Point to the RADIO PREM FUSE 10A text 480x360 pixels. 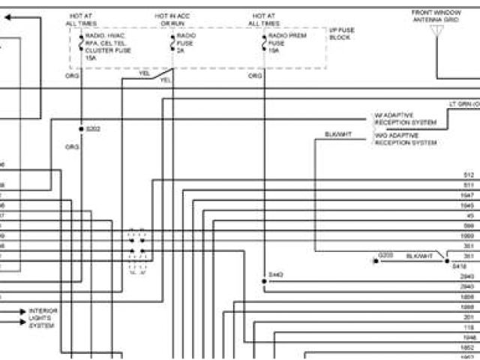click(285, 44)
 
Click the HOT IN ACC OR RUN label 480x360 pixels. click(173, 19)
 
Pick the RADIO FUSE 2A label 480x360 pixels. click(186, 44)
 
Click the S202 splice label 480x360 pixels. click(92, 128)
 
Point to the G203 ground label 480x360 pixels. click(385, 255)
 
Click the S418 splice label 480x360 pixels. click(460, 265)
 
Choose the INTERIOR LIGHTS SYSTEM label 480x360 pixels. click(43, 316)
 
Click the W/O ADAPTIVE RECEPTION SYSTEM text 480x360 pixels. click(405, 139)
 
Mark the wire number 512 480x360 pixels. click(468, 175)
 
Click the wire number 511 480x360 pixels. click(468, 184)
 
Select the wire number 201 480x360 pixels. click(469, 317)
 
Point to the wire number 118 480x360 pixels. click(469, 328)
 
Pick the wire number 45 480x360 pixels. click(469, 215)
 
